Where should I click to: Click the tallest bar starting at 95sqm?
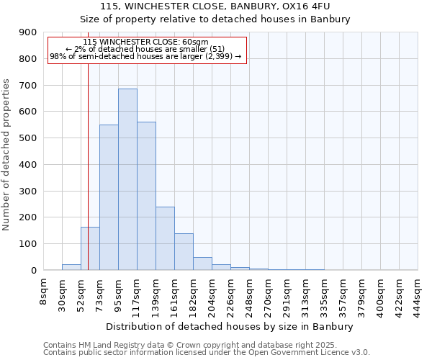(x=127, y=179)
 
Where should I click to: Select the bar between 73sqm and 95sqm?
(x=109, y=197)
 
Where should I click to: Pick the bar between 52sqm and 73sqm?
(x=90, y=248)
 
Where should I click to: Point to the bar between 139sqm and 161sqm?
(x=165, y=238)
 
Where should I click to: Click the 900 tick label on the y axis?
(x=28, y=32)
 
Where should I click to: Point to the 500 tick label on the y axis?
(x=28, y=138)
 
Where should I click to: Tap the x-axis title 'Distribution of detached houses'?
(x=230, y=327)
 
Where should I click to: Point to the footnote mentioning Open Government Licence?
(x=207, y=353)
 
